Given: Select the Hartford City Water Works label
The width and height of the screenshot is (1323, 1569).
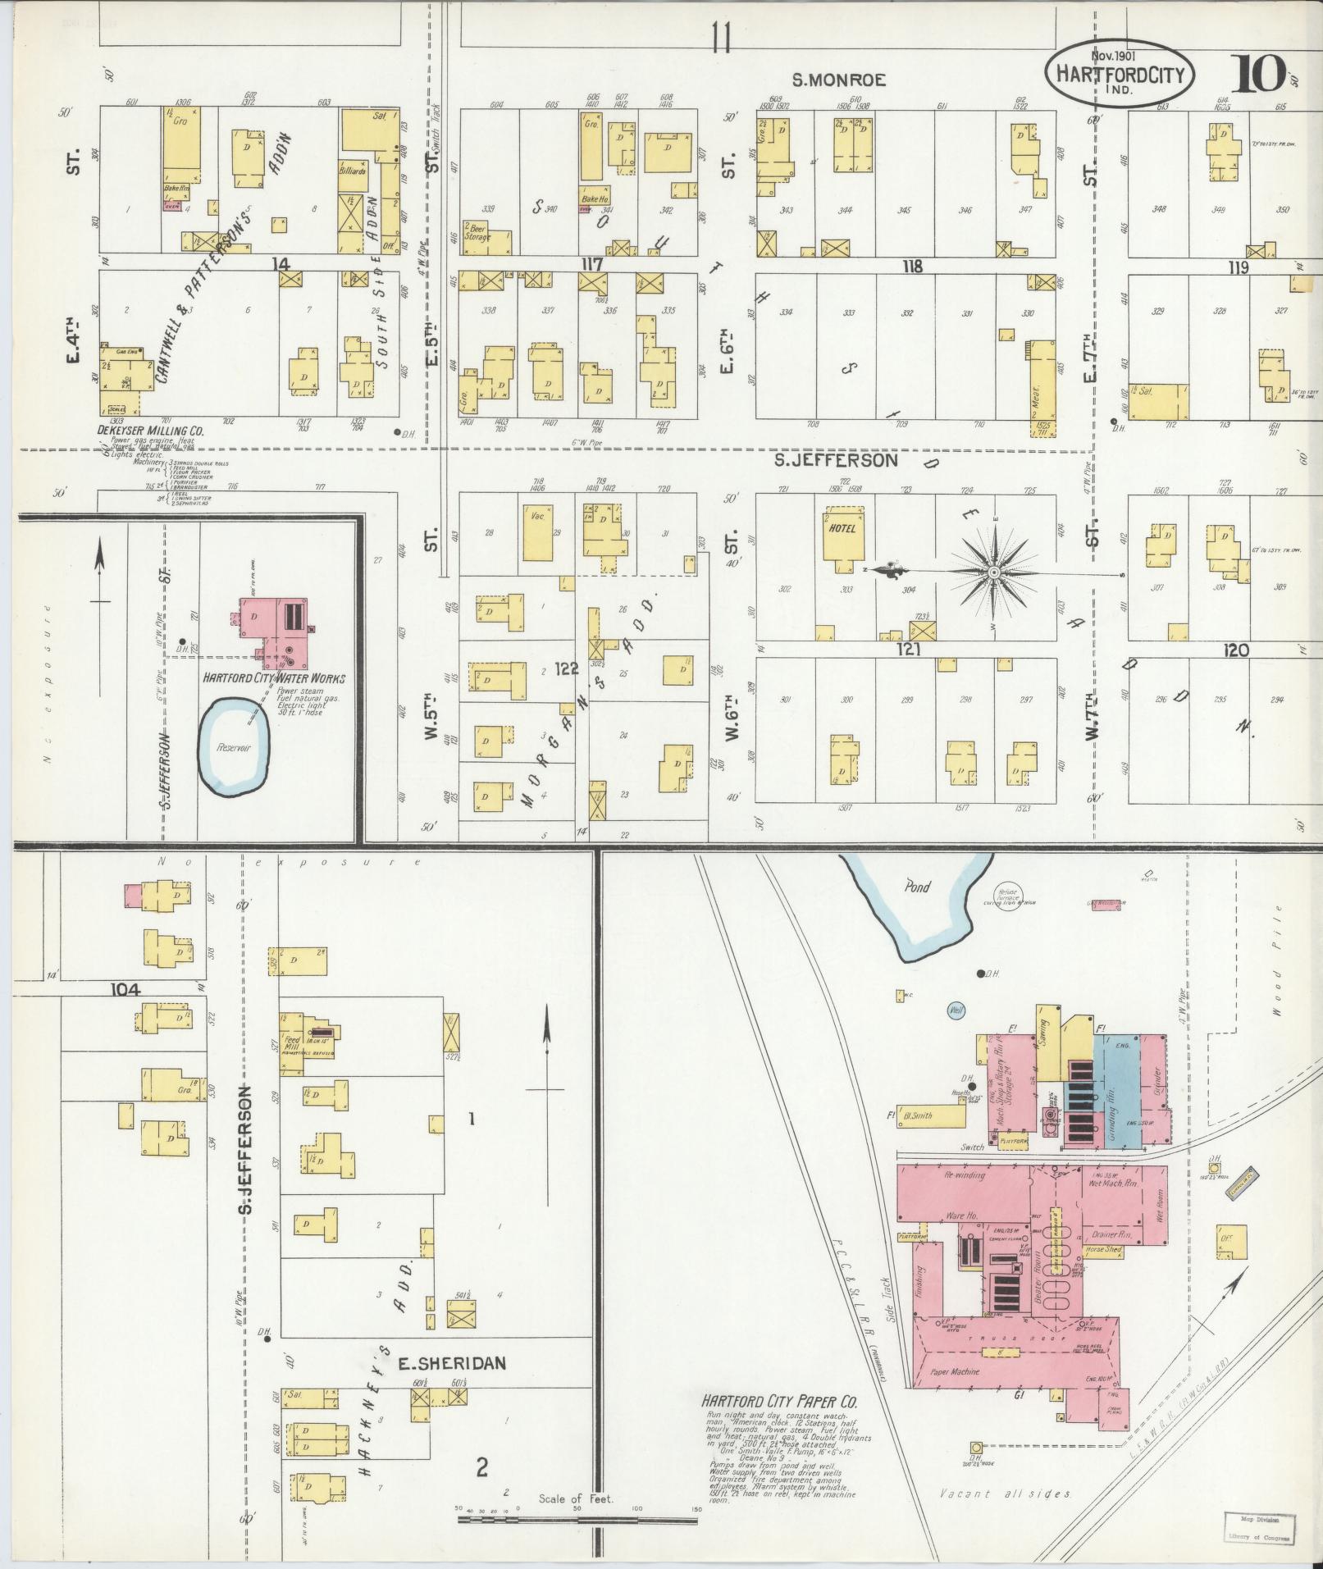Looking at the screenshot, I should [x=274, y=678].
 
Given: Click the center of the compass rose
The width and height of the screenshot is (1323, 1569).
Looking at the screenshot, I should [x=993, y=572].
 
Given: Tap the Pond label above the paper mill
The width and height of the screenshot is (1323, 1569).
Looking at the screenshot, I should [x=917, y=886].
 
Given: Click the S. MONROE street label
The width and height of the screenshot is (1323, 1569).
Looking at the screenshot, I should [x=838, y=80].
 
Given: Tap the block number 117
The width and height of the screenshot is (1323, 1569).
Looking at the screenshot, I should [x=591, y=265].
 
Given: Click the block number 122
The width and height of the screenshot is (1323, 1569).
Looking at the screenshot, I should [x=566, y=669].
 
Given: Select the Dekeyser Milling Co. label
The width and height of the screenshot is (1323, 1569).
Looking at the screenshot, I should [x=152, y=430].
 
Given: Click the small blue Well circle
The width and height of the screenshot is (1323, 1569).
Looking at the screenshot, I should [x=956, y=1010].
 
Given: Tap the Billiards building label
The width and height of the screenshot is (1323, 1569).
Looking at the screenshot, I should [x=353, y=172].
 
